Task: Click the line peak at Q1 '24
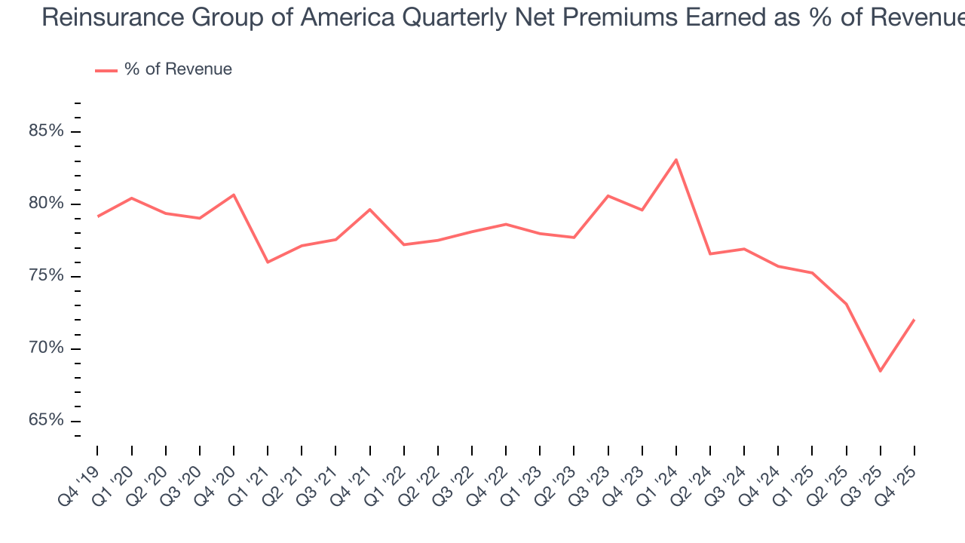(x=676, y=159)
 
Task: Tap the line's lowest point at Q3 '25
(x=880, y=371)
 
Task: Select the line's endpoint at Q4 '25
(x=914, y=320)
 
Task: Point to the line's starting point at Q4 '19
(x=97, y=216)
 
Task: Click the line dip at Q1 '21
(x=268, y=262)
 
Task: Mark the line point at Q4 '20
(x=234, y=195)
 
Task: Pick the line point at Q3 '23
(x=608, y=195)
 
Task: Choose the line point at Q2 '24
(x=710, y=253)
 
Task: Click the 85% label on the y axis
(x=45, y=131)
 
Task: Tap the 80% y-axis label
(x=45, y=204)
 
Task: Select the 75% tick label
(x=45, y=276)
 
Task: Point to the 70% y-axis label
(x=45, y=348)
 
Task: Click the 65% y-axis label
(x=45, y=420)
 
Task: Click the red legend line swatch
(x=106, y=70)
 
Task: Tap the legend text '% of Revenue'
(x=178, y=69)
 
